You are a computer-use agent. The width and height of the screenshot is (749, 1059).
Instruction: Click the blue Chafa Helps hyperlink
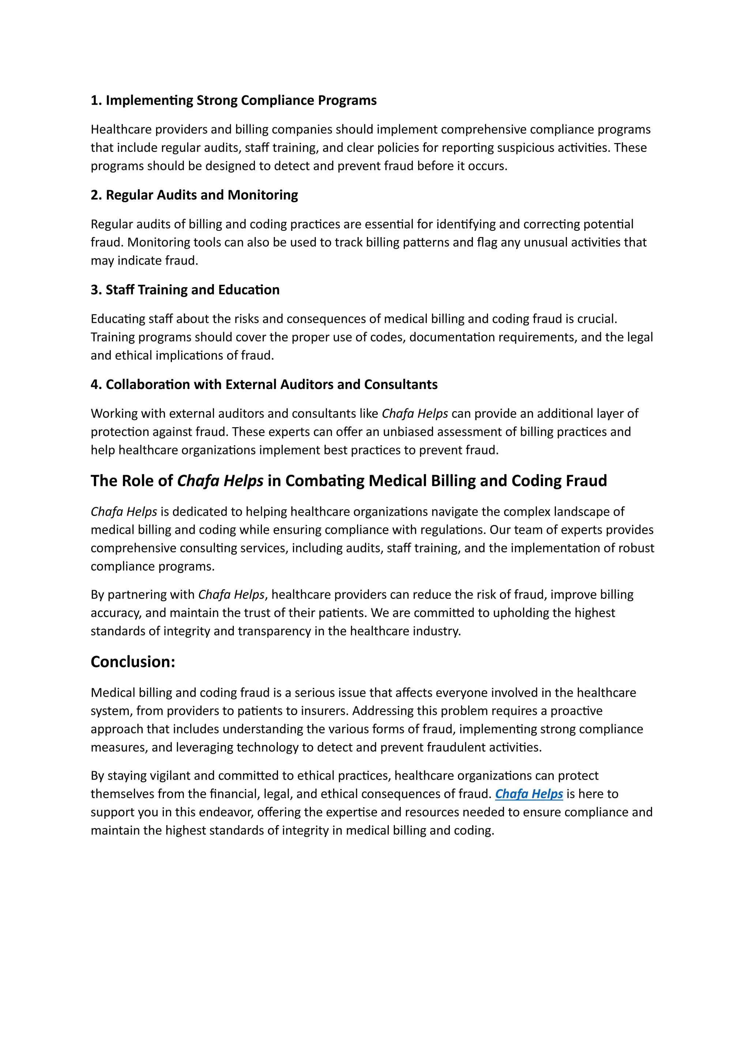(528, 794)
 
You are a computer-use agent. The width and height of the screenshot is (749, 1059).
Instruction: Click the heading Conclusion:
(133, 662)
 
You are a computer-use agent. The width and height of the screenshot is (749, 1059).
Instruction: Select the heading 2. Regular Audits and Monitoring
(194, 195)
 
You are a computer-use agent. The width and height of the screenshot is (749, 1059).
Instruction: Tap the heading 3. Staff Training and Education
(185, 290)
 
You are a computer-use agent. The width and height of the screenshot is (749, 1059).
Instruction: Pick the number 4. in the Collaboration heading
(96, 384)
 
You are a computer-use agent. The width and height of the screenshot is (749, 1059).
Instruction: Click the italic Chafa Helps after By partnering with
(231, 595)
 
